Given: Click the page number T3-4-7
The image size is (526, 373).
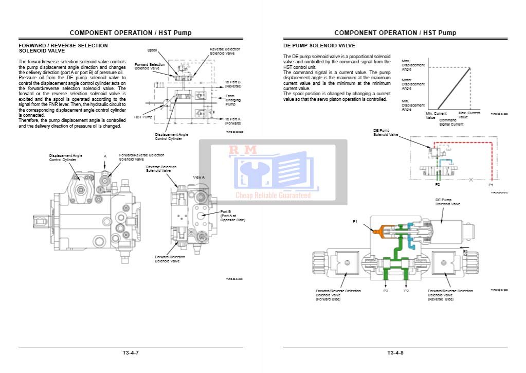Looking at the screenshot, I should pos(131,352).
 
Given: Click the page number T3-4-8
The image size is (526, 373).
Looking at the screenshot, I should pos(395,352).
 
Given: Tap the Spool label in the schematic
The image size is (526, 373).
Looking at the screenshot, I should pos(152,50).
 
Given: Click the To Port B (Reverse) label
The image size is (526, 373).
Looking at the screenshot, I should pos(233,84).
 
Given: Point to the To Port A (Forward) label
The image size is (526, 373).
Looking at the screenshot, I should pos(233,121).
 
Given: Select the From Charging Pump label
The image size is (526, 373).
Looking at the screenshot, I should pos(233,100).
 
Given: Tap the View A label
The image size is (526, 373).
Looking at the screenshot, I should pos(199,177).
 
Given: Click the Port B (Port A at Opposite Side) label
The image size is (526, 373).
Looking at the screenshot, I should pos(232,216).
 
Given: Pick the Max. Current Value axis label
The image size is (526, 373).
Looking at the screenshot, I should pos(469,115).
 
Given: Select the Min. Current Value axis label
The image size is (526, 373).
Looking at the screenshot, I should pos(436,115).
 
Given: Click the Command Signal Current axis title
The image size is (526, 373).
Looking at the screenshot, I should pos(451,122).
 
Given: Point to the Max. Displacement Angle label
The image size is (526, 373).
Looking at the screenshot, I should pos(413,65).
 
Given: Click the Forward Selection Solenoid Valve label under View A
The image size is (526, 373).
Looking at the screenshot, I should pos(170,259).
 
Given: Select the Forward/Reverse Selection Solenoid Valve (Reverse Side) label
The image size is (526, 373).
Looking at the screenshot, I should pos(450,295).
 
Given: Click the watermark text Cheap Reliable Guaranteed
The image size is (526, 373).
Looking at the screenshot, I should pos(273,196).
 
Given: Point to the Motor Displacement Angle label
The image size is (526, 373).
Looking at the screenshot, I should pos(413,84).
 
